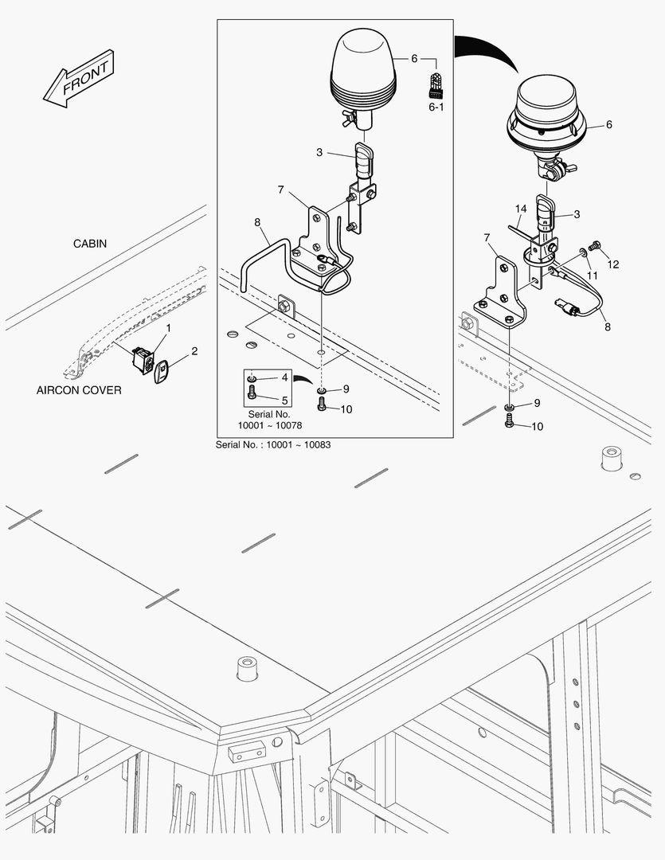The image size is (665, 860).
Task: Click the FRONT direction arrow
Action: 79,79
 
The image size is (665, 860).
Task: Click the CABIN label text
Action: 90,244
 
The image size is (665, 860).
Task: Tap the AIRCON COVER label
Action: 79,390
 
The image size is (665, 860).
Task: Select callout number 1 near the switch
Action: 168,328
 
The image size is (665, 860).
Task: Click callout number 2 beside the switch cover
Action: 194,350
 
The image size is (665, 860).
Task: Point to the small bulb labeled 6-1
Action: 436,84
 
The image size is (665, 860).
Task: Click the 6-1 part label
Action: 436,106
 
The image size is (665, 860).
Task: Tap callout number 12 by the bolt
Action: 613,264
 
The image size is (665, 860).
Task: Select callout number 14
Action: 520,209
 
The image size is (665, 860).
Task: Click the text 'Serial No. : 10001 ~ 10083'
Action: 272,444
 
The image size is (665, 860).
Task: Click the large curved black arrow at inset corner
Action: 486,56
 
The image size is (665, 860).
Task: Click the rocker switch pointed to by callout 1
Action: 144,360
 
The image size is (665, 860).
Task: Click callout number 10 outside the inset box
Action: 538,427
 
